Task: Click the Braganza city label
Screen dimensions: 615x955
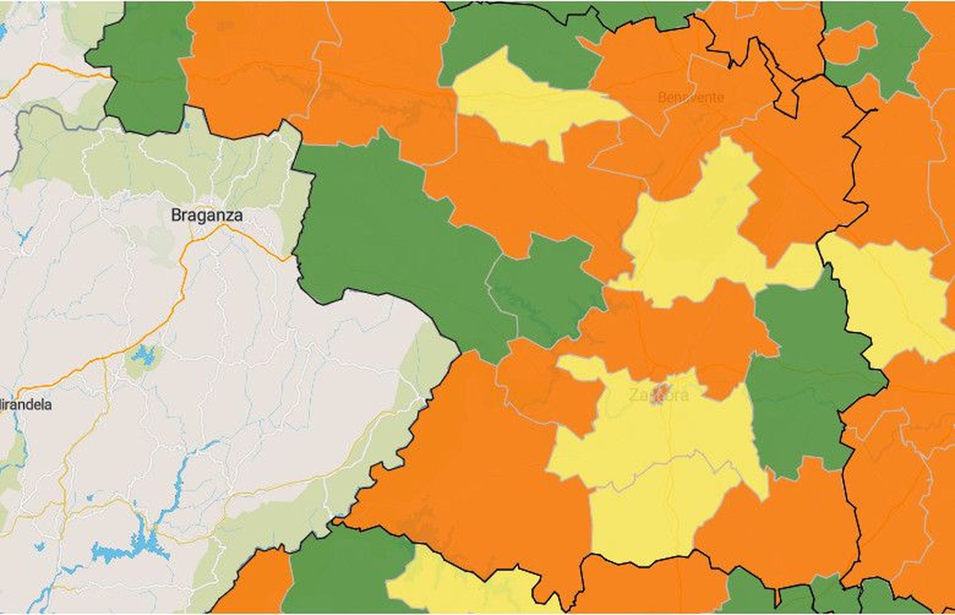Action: click(x=207, y=215)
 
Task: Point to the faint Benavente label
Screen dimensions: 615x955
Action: click(x=691, y=97)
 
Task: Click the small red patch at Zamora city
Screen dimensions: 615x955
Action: click(x=660, y=393)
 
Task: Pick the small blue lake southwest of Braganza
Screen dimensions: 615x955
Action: click(x=143, y=356)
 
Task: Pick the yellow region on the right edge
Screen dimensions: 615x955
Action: click(x=889, y=299)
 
